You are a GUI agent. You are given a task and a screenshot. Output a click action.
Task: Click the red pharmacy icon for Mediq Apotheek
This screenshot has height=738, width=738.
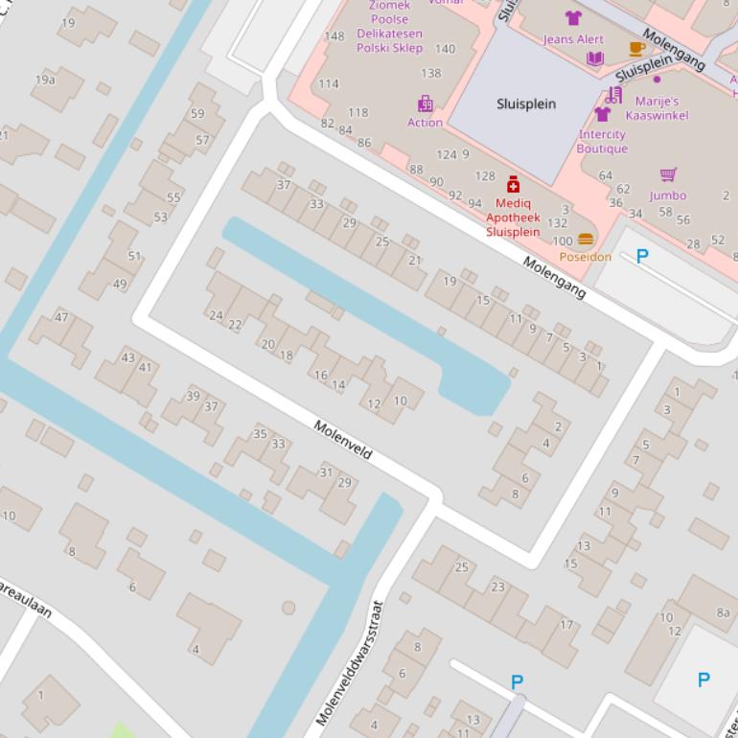coord(513,184)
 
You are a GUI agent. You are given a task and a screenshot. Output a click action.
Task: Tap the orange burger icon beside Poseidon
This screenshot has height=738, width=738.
coord(586,240)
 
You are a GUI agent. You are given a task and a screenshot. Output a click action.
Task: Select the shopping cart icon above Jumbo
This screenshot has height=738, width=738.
coord(668,174)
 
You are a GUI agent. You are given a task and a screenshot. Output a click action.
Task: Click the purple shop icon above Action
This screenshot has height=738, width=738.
coord(425,104)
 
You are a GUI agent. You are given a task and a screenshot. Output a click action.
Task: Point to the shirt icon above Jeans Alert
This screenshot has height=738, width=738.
coord(573,18)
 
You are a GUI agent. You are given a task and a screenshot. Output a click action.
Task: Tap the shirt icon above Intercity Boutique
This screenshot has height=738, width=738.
coord(602,114)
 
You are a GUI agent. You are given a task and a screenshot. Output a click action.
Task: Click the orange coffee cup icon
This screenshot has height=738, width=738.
coord(636,49)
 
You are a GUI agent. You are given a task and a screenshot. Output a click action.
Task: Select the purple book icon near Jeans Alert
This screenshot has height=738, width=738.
coord(595,58)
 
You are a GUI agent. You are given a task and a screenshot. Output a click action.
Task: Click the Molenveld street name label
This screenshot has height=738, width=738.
coord(342,439)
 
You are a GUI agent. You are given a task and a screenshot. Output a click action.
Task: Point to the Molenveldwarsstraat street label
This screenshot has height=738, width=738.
coord(350,661)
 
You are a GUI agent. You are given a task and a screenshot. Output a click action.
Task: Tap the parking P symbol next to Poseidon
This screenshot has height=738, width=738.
coord(642,256)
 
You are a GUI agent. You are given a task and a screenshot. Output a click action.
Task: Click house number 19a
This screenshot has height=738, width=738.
coord(45,80)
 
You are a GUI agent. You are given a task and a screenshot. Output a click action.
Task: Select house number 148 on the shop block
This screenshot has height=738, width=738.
coord(334,36)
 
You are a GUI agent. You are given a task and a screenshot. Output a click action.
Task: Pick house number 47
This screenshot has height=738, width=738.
coord(61,317)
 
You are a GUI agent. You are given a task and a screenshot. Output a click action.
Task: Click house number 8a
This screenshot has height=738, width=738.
coord(723,612)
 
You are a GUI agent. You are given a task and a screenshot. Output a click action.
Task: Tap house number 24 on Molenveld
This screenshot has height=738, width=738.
coord(216,314)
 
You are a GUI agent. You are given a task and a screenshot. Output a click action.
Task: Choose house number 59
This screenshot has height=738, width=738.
coord(197,113)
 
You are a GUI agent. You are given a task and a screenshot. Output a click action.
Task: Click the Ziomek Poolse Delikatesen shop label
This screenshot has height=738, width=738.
coord(389,26)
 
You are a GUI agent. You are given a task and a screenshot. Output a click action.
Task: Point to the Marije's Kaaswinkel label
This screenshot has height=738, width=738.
coord(657,108)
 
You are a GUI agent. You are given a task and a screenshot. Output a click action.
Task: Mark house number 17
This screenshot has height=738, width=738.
coord(566,625)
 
